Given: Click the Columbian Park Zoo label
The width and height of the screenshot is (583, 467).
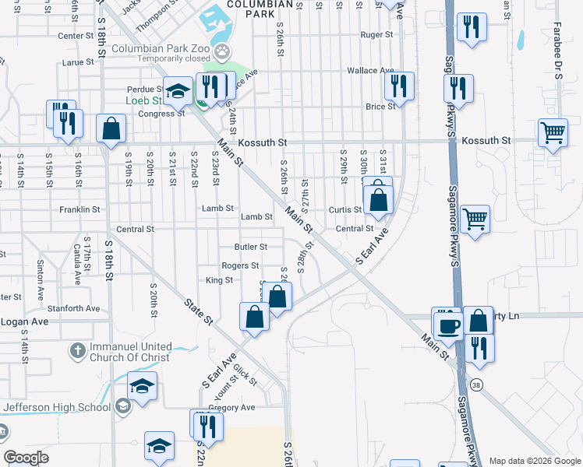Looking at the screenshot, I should [x=161, y=48].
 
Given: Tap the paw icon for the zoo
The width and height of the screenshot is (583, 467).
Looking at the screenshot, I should [x=223, y=51].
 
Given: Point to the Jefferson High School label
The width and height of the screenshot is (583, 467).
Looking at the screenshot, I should [x=58, y=406].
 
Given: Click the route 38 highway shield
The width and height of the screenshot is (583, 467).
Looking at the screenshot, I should [x=476, y=384].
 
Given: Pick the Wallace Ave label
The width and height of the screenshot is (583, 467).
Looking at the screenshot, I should [x=368, y=70].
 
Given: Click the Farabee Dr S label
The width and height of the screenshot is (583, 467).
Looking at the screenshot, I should [x=558, y=62].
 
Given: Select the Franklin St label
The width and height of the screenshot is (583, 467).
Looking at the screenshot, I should [x=79, y=209].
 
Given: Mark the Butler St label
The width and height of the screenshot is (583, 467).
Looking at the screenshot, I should [x=251, y=247].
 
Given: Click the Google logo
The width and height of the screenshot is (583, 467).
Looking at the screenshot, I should [x=26, y=458].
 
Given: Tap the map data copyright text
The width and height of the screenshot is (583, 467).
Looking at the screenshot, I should [x=534, y=461].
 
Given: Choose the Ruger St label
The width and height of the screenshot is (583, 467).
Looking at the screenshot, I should [x=376, y=35].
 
